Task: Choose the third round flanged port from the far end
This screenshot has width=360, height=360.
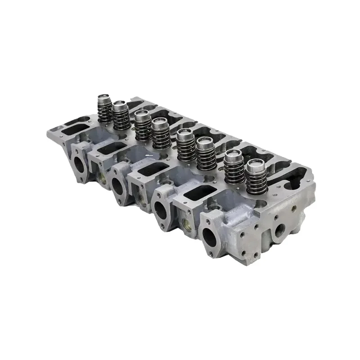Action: pos(160,209)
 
